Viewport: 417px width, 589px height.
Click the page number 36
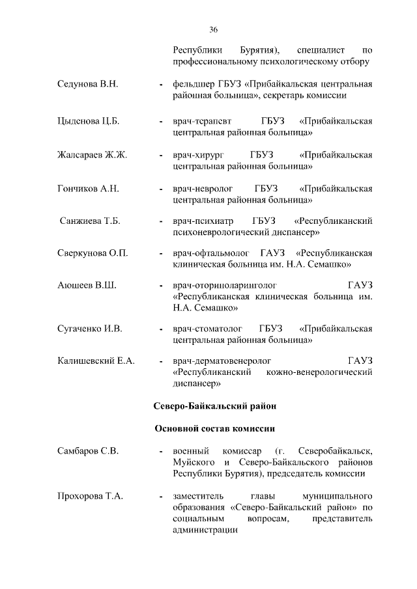(214, 29)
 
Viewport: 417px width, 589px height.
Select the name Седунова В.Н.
(89, 85)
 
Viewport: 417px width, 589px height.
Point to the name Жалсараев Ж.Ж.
(92, 154)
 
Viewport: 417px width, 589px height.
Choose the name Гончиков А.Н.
(88, 188)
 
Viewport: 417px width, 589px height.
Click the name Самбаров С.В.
(88, 451)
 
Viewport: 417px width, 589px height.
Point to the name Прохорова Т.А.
(91, 497)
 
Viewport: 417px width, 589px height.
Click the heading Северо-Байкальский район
(215, 406)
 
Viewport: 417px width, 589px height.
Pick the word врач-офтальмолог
(209, 253)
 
